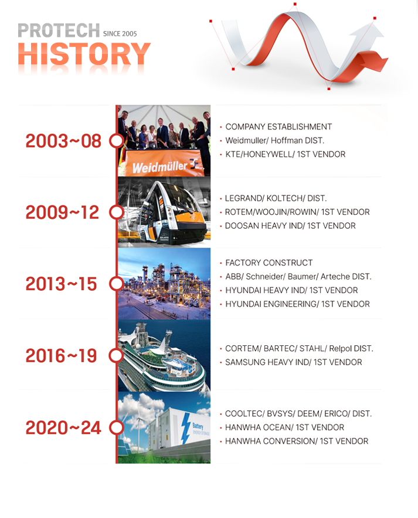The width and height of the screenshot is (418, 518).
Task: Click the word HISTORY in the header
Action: (84, 53)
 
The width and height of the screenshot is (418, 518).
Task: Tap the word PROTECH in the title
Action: (59, 30)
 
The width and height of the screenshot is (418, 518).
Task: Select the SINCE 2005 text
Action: (120, 34)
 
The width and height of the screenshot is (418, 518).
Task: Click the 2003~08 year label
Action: (63, 141)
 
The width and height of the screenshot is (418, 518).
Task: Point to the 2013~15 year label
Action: (61, 284)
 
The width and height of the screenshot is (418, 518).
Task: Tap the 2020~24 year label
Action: (63, 428)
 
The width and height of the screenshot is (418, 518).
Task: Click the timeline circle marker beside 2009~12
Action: (116, 212)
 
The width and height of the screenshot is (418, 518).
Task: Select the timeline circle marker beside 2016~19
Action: (116, 355)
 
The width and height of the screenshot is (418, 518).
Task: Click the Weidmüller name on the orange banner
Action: (160, 166)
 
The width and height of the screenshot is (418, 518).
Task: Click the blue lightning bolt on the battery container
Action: (186, 428)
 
